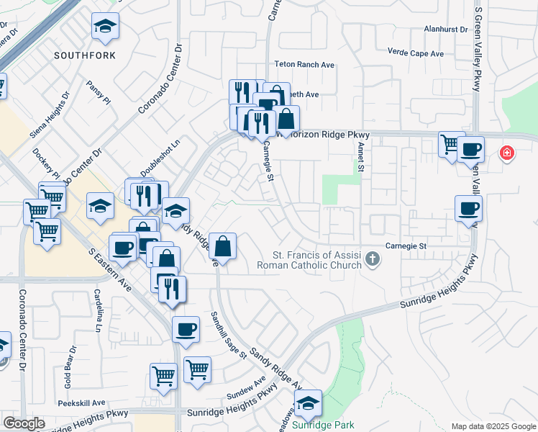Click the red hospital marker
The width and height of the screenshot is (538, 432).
click(x=507, y=153)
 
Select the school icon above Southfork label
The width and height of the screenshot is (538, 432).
click(x=106, y=27)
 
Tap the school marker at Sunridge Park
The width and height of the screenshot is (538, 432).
click(x=309, y=404)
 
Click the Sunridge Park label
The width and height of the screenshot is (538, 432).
click(x=323, y=425)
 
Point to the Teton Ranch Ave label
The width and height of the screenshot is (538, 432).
click(x=307, y=65)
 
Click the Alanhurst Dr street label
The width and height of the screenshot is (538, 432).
click(x=446, y=30)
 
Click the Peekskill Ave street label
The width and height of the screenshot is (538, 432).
click(x=82, y=402)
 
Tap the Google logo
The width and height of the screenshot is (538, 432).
click(x=24, y=423)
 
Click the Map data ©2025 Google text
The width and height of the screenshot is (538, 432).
click(x=493, y=426)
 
